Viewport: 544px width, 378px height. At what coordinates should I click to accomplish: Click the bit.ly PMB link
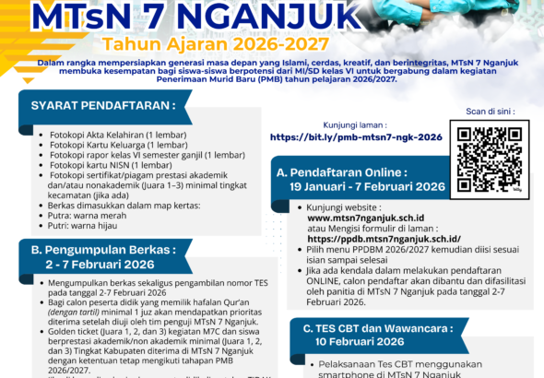[356, 136]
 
